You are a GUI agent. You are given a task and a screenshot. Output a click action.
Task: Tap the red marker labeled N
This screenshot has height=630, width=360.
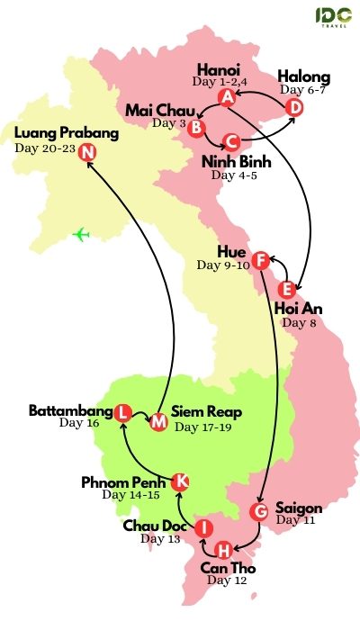click(87, 152)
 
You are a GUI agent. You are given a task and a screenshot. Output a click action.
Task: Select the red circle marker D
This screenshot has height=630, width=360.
click(293, 107)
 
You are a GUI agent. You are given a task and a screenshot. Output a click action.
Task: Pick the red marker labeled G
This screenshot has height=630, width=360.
click(258, 512)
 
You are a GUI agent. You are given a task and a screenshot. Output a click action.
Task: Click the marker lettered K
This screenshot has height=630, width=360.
click(180, 481)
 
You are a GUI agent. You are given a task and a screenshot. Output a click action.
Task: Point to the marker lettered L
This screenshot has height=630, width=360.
click(123, 412)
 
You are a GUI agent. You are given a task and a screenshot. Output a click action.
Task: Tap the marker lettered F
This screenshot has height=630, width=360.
click(260, 261)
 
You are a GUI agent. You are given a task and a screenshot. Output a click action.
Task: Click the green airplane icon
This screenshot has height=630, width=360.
click(82, 235)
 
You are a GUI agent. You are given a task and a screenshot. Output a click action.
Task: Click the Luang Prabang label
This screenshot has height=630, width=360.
click(67, 133)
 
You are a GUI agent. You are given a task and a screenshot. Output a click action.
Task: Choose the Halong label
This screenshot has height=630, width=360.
click(303, 76)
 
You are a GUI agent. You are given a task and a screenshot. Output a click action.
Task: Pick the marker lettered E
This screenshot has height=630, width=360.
click(287, 290)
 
